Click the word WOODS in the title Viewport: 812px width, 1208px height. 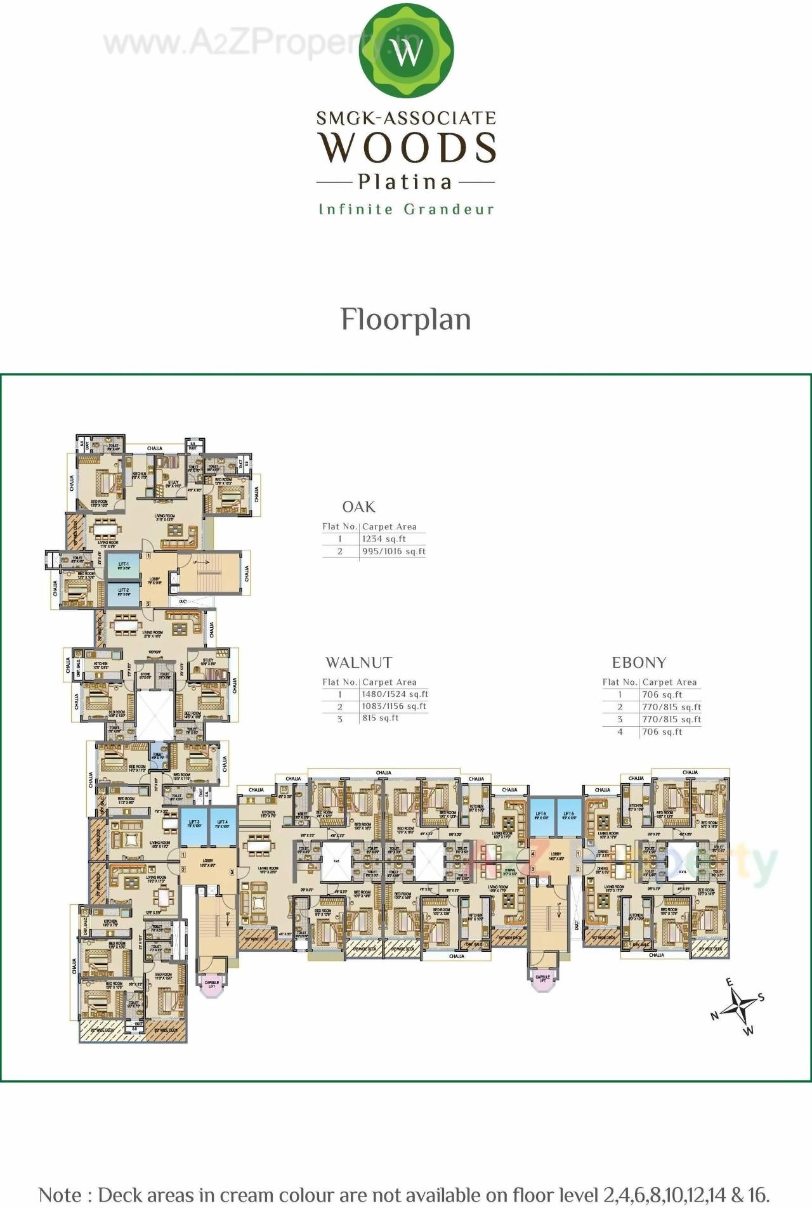point(407,147)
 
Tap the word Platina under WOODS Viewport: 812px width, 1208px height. point(405,182)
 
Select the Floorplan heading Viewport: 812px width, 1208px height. point(406,320)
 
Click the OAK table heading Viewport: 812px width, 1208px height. point(358,507)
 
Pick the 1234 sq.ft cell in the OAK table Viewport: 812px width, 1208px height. point(384,539)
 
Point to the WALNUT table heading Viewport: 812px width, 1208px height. point(358,663)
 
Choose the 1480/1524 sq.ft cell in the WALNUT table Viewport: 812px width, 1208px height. point(395,694)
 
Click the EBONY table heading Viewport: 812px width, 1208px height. point(639,663)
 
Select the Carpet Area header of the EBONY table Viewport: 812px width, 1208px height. point(669,682)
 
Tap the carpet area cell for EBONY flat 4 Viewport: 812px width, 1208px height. point(662,732)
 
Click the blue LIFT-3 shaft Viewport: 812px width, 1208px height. point(194,826)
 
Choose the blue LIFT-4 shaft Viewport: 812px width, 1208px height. point(222,826)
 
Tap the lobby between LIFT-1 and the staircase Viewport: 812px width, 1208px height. point(154,580)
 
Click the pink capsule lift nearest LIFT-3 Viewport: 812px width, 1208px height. point(212,984)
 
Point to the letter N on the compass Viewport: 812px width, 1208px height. point(714,1015)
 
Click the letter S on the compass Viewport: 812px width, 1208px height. point(761,997)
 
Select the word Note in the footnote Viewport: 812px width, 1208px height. point(60,1195)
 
